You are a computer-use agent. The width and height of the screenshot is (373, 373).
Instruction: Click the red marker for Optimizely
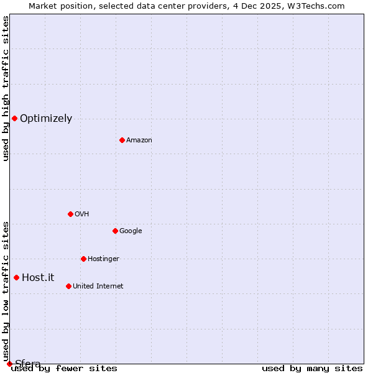(x=14, y=118)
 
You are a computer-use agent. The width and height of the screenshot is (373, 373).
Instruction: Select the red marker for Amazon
(x=122, y=140)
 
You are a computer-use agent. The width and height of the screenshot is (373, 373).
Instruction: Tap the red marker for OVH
(x=70, y=214)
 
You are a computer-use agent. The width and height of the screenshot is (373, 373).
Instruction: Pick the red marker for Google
(x=115, y=231)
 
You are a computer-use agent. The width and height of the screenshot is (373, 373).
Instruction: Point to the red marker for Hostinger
(x=83, y=259)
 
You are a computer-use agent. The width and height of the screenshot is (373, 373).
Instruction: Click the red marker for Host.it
(x=16, y=277)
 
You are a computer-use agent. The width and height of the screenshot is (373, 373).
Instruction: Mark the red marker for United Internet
(x=68, y=286)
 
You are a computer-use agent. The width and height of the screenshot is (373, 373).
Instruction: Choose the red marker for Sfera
(x=9, y=364)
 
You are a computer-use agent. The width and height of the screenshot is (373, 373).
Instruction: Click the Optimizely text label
(x=46, y=119)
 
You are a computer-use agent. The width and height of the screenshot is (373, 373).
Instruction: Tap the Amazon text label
(x=139, y=140)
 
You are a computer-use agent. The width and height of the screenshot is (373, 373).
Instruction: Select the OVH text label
(x=82, y=214)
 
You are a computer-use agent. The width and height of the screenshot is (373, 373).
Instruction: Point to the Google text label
(x=131, y=231)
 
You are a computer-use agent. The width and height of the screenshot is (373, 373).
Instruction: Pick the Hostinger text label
(x=103, y=259)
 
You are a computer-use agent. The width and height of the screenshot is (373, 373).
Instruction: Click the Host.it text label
(x=38, y=278)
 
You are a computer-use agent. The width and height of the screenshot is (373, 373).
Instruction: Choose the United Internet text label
(x=98, y=287)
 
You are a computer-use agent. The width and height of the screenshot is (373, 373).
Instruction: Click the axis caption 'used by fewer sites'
(x=65, y=369)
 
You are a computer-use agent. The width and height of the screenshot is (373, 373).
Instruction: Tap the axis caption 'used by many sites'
(x=312, y=369)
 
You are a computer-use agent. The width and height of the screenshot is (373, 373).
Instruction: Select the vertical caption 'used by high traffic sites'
(x=6, y=88)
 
